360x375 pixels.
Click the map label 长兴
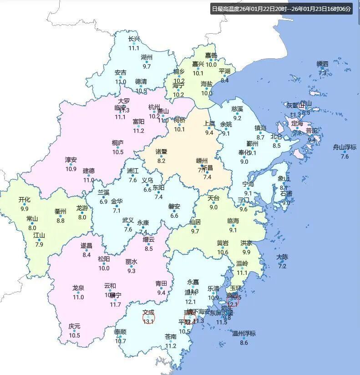(134, 39)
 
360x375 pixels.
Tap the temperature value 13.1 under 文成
(148, 321)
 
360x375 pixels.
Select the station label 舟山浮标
(345, 147)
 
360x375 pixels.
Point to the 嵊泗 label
(322, 64)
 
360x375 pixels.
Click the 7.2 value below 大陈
(282, 266)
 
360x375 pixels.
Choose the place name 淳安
(71, 160)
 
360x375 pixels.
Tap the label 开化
(25, 200)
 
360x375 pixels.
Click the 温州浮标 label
(244, 334)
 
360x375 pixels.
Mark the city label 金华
(117, 202)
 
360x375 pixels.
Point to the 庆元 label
(75, 326)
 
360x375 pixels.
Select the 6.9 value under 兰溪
(104, 202)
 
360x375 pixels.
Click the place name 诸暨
(161, 152)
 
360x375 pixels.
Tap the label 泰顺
(121, 332)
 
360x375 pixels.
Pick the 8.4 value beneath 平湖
(225, 81)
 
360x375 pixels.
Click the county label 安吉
(121, 72)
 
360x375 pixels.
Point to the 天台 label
(213, 198)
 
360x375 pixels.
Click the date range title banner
(281, 9)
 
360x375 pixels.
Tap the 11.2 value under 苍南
(171, 346)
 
